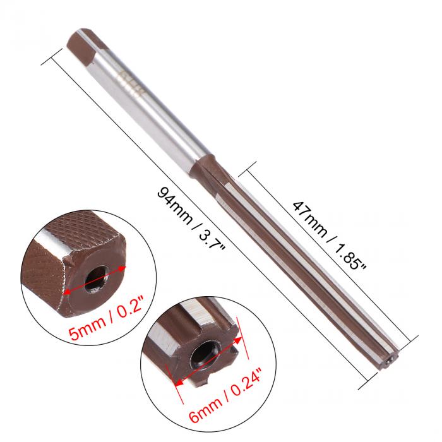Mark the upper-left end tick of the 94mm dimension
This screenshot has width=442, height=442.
[x=50, y=61]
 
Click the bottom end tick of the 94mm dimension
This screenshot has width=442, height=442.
[x=367, y=385]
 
